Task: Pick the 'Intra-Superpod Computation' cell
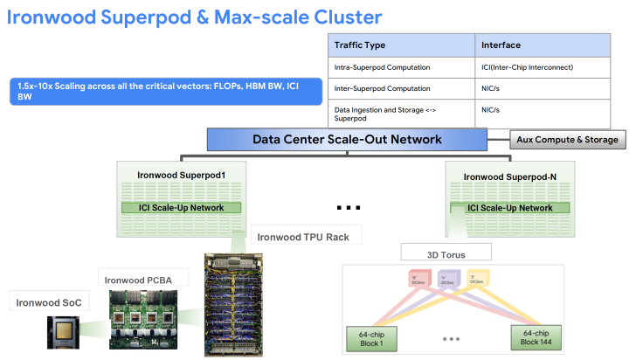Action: click(x=381, y=66)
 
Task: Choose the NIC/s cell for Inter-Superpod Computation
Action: click(x=491, y=88)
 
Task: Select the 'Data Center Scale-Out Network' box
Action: click(x=347, y=139)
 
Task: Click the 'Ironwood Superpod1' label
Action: click(x=181, y=175)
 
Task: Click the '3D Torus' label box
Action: click(x=446, y=254)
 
